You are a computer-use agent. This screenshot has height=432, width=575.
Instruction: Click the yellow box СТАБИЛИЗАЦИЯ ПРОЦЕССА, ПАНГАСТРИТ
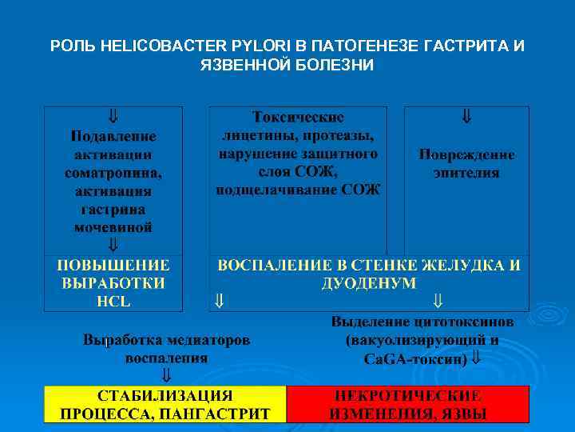pyautogui.click(x=165, y=404)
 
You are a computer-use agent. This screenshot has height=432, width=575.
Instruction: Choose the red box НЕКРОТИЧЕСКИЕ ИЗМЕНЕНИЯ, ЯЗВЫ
pyautogui.click(x=407, y=404)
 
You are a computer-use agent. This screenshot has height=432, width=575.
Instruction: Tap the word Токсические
pyautogui.click(x=298, y=117)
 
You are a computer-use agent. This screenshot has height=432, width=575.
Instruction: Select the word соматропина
pyautogui.click(x=113, y=172)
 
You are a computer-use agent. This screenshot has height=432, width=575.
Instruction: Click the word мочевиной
pyautogui.click(x=113, y=227)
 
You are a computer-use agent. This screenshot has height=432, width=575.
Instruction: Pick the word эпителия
pyautogui.click(x=466, y=172)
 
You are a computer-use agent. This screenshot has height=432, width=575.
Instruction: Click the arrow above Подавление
pyautogui.click(x=113, y=116)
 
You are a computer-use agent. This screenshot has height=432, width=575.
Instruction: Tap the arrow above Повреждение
pyautogui.click(x=466, y=116)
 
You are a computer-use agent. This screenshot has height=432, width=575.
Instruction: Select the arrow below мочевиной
pyautogui.click(x=113, y=243)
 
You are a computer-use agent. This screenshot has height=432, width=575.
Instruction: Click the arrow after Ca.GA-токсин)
pyautogui.click(x=477, y=358)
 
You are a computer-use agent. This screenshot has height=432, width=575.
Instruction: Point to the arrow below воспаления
pyautogui.click(x=166, y=374)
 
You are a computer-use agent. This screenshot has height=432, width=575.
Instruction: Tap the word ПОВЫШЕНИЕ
pyautogui.click(x=113, y=265)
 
